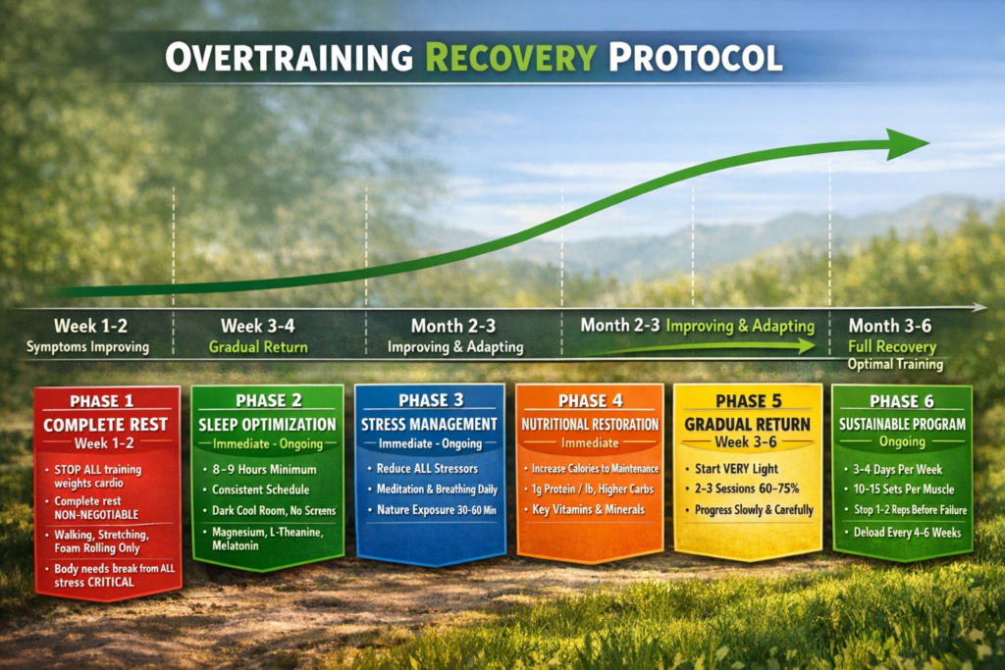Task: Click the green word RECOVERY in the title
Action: tap(510, 58)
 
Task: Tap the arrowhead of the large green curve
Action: tap(908, 144)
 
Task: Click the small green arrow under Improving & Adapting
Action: tap(699, 348)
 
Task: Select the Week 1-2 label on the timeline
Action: tap(90, 326)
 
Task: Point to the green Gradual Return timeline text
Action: tap(258, 347)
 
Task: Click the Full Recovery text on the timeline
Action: tap(891, 346)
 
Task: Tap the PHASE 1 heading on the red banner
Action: tap(102, 401)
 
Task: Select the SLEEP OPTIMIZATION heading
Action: tap(267, 425)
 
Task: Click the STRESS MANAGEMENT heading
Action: tap(429, 424)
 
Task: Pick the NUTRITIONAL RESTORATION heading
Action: tap(590, 424)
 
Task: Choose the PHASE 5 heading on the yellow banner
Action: tap(748, 401)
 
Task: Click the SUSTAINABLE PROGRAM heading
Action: tap(902, 424)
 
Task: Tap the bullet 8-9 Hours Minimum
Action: tap(264, 470)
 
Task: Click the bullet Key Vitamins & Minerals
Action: tap(588, 510)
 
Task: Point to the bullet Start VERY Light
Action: tap(736, 469)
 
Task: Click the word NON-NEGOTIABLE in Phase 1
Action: tap(96, 514)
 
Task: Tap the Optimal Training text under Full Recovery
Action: tap(895, 365)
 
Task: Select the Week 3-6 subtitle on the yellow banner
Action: tap(746, 442)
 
